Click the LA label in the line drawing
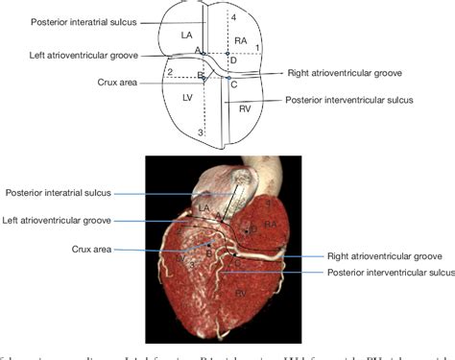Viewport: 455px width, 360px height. tap(187, 35)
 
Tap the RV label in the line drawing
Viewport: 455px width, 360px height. tap(245, 108)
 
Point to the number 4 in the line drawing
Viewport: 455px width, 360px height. tap(232, 17)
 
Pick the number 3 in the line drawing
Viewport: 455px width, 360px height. tap(199, 132)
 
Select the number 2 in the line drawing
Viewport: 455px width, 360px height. tap(170, 72)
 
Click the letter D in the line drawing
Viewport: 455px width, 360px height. tap(231, 61)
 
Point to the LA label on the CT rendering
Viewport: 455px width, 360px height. tap(204, 207)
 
